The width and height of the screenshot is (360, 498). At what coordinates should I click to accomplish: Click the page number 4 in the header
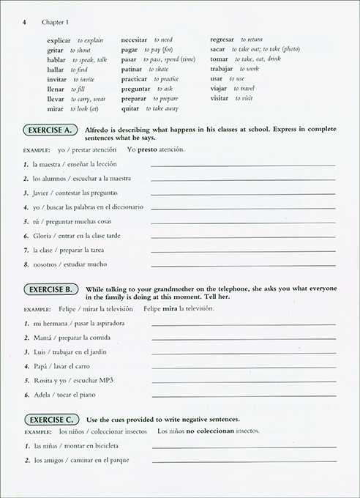click(24, 22)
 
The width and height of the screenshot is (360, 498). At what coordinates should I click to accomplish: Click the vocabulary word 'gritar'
click(56, 49)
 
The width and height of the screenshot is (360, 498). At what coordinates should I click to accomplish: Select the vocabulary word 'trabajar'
click(222, 69)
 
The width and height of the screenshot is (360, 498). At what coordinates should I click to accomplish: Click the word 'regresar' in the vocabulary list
click(222, 40)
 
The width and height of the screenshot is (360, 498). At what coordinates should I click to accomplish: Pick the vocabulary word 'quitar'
click(130, 108)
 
